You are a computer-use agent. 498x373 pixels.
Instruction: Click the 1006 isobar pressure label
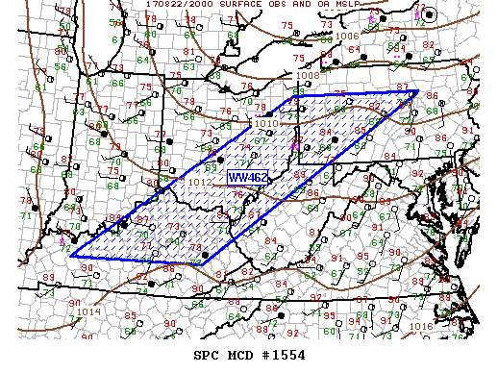[x=348, y=36]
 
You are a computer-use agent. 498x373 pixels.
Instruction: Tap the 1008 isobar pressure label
[x=307, y=74]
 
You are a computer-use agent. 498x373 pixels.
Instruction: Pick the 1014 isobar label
[x=88, y=311]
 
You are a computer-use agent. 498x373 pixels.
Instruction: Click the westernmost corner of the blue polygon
[x=71, y=256]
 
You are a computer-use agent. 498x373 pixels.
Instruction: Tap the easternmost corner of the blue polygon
[x=418, y=92]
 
